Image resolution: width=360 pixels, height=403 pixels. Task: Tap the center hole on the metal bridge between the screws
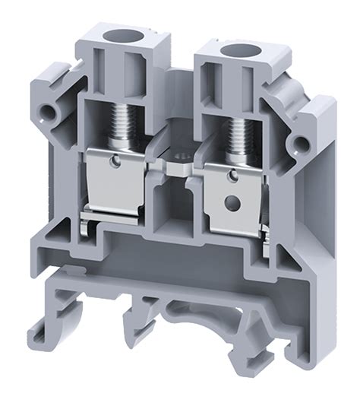[x=176, y=163]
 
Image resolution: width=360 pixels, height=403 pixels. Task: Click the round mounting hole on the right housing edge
[x=303, y=141]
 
